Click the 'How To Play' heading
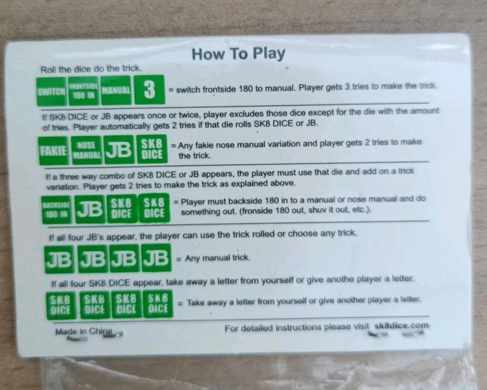(x=238, y=54)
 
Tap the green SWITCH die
(x=52, y=91)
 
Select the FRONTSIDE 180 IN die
(x=84, y=91)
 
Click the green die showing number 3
(x=149, y=90)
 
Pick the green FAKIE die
(x=54, y=151)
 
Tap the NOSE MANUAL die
(x=86, y=150)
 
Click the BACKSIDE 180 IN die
(x=57, y=210)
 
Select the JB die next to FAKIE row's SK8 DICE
(x=119, y=150)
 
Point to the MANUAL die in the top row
(x=116, y=90)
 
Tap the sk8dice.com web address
(x=401, y=326)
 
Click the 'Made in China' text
(x=84, y=332)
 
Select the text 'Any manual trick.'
(x=217, y=258)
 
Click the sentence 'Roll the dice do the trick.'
(x=91, y=69)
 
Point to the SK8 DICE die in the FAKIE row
(x=152, y=149)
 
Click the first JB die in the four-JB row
(x=59, y=259)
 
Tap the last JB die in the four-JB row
(x=156, y=258)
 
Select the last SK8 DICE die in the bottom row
(x=158, y=304)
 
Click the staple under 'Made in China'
(x=114, y=334)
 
